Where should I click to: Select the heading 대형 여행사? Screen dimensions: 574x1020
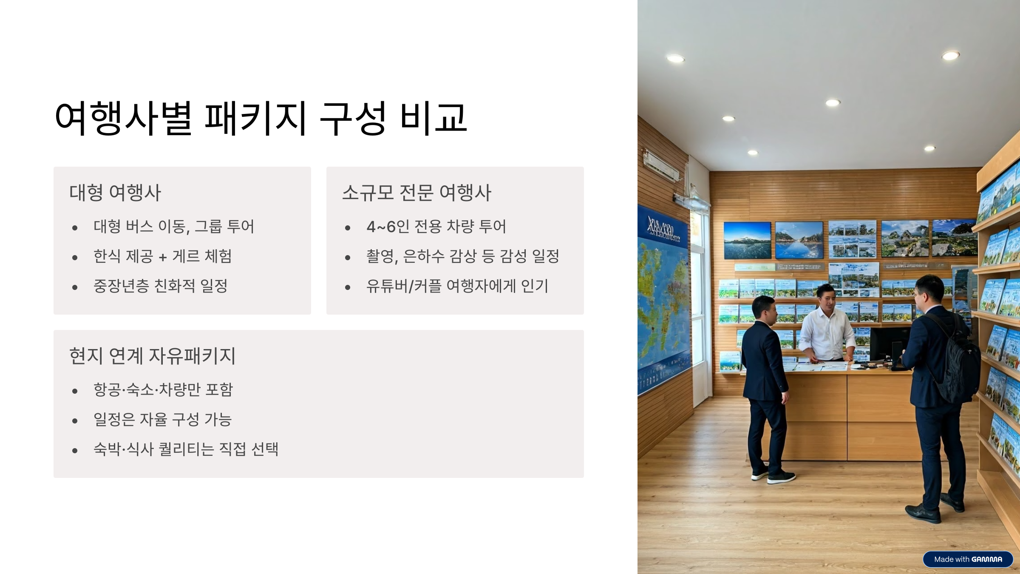click(115, 193)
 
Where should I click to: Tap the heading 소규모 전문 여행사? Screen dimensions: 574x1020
click(416, 193)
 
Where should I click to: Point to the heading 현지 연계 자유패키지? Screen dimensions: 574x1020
click(152, 356)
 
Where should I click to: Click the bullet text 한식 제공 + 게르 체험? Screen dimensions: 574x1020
click(162, 256)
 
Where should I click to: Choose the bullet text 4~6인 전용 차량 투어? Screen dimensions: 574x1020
click(436, 227)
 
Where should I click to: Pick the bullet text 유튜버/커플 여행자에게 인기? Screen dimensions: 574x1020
click(457, 286)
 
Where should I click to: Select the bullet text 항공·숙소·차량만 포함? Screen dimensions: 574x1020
click(163, 389)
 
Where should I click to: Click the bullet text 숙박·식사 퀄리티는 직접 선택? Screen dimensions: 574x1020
click(186, 449)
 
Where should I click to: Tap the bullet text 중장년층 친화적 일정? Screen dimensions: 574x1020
click(160, 286)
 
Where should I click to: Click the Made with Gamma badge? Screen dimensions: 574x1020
click(968, 559)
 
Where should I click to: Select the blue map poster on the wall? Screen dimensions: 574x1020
click(663, 298)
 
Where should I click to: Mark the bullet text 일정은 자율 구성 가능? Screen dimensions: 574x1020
click(162, 419)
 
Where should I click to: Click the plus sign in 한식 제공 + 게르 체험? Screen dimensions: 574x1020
click(162, 257)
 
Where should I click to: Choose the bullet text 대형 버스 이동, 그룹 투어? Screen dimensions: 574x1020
click(173, 227)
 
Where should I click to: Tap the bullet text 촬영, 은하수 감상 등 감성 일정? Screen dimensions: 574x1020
click(462, 256)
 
